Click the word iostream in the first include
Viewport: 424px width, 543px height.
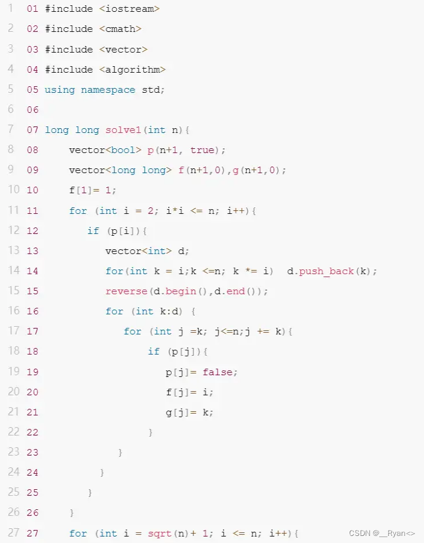pyautogui.click(x=132, y=9)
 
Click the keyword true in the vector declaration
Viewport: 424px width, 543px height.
pyautogui.click(x=202, y=150)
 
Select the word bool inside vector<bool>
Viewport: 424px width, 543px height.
pyautogui.click(x=127, y=150)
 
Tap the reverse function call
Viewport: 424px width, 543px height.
pyautogui.click(x=126, y=291)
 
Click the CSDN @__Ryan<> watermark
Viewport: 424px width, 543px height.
pyautogui.click(x=382, y=533)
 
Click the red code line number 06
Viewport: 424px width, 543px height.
pyautogui.click(x=32, y=110)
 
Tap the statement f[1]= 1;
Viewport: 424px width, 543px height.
pyautogui.click(x=93, y=190)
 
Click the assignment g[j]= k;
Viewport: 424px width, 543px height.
pyautogui.click(x=189, y=412)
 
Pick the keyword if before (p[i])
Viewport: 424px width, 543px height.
pyautogui.click(x=93, y=231)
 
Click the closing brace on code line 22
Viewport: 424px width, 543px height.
pyautogui.click(x=151, y=433)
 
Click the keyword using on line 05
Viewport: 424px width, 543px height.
pyautogui.click(x=60, y=90)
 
